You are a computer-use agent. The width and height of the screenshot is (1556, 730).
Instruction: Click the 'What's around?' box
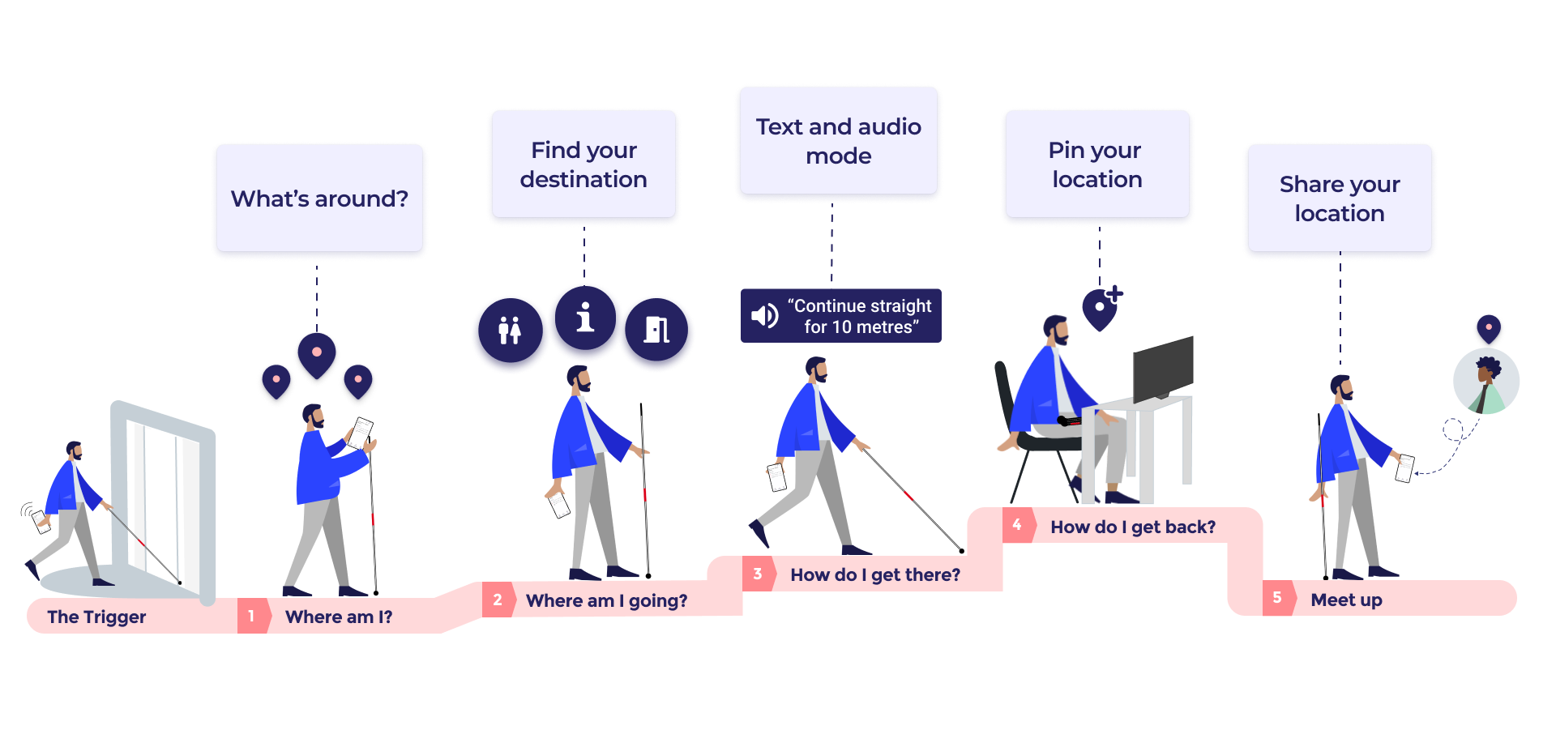tap(319, 199)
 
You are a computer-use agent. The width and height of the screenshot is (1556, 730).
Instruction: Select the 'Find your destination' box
tap(583, 164)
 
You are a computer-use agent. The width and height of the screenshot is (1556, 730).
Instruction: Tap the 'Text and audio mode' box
tap(838, 141)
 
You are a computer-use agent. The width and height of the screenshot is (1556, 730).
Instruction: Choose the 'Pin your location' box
tap(1096, 164)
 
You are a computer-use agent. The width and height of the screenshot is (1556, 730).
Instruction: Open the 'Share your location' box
tap(1340, 199)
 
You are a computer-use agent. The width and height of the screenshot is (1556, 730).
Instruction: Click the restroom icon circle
tap(510, 332)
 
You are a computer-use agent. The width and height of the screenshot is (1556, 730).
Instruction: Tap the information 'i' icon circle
tap(585, 320)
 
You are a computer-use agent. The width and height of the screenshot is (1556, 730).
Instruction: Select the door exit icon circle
tap(656, 331)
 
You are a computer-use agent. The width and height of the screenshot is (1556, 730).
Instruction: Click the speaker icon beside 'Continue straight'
tap(763, 316)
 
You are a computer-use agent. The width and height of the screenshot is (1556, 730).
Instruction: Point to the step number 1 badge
tap(252, 616)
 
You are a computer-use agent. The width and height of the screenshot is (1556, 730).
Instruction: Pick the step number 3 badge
tap(758, 574)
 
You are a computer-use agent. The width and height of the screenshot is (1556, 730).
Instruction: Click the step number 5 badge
tap(1277, 598)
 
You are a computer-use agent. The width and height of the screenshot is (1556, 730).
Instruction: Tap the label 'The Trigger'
tap(96, 617)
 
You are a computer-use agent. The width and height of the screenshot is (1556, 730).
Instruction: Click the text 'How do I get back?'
tap(1132, 527)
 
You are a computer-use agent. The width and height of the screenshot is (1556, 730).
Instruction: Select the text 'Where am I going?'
tap(606, 600)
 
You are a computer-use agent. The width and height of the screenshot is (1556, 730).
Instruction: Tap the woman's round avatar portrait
tap(1485, 381)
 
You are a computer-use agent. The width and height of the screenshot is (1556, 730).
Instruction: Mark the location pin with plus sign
tap(1101, 309)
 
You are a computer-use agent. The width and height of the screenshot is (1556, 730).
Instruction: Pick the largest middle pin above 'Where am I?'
tap(317, 355)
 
